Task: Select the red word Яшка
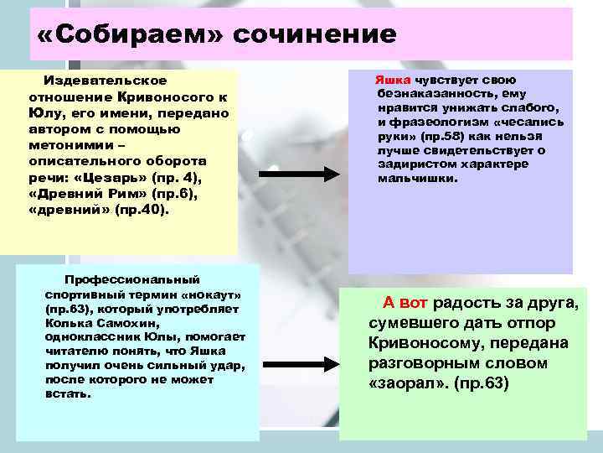tap(391, 77)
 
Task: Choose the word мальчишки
tap(417, 179)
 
